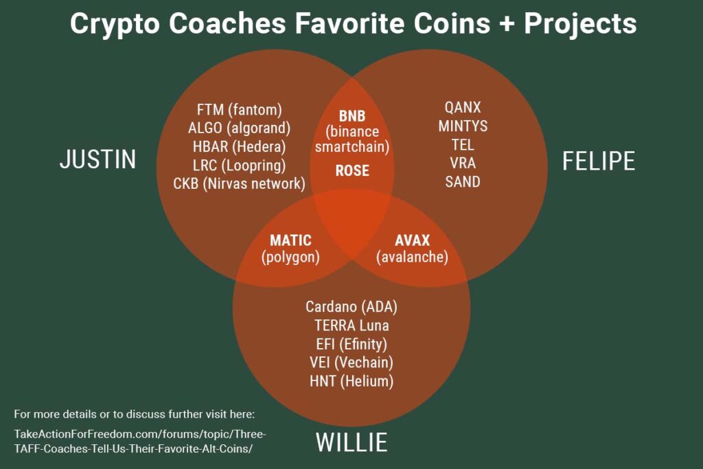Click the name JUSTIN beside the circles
point(97,160)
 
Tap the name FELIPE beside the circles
point(598,160)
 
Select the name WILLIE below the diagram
point(351,442)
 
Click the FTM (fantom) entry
point(240,109)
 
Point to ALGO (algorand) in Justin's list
point(240,128)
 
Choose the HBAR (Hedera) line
point(240,146)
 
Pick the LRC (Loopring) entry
point(240,165)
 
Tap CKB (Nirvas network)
point(240,183)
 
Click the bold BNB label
point(352,116)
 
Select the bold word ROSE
point(352,170)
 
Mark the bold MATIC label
point(290,240)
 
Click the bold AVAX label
point(412,240)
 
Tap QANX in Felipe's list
point(463,108)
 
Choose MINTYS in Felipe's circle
point(463,126)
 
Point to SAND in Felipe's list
point(463,182)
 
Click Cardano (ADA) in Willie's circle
point(351,306)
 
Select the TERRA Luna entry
point(351,325)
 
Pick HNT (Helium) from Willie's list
point(351,381)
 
